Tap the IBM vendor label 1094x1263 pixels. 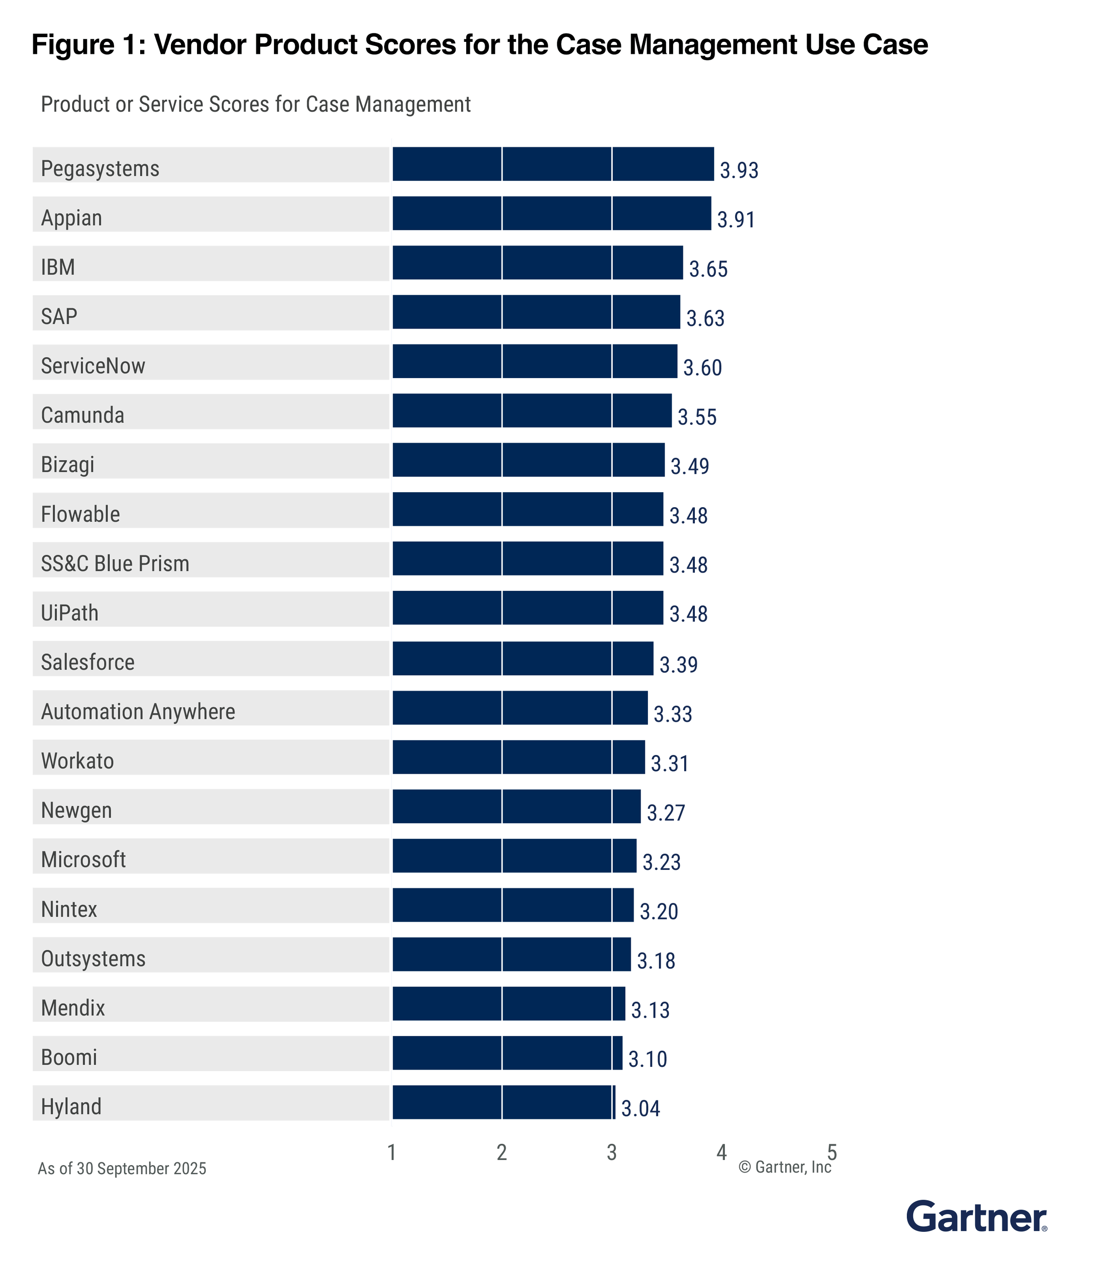pos(58,267)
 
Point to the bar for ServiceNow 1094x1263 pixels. pos(534,361)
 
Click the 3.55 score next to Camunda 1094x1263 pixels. pos(697,417)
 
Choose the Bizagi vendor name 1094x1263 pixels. pos(68,464)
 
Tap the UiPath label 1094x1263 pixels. pos(70,612)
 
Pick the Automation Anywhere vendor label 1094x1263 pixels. pos(138,712)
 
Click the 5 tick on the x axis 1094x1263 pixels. pos(832,1152)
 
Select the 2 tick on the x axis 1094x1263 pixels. pos(502,1152)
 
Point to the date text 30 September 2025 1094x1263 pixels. pos(141,1169)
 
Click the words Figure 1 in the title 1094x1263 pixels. pos(88,44)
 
